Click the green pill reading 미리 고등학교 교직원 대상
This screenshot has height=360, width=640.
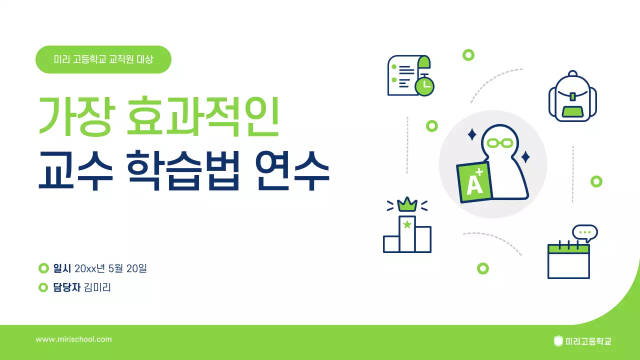pyautogui.click(x=103, y=59)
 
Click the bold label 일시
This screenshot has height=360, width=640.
pyautogui.click(x=62, y=268)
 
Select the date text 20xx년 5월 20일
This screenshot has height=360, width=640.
pyautogui.click(x=110, y=268)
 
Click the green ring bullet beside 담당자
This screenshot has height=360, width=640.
pyautogui.click(x=43, y=287)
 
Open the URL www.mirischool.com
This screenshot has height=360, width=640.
pyautogui.click(x=73, y=339)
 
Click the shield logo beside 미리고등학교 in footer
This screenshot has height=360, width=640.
pyautogui.click(x=558, y=341)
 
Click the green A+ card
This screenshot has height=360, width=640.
pyautogui.click(x=474, y=183)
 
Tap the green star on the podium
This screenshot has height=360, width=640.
pyautogui.click(x=407, y=224)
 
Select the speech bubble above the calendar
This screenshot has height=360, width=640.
pyautogui.click(x=585, y=233)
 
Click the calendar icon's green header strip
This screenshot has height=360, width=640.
pyautogui.click(x=568, y=248)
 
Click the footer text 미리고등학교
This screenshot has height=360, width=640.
pyautogui.click(x=588, y=341)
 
